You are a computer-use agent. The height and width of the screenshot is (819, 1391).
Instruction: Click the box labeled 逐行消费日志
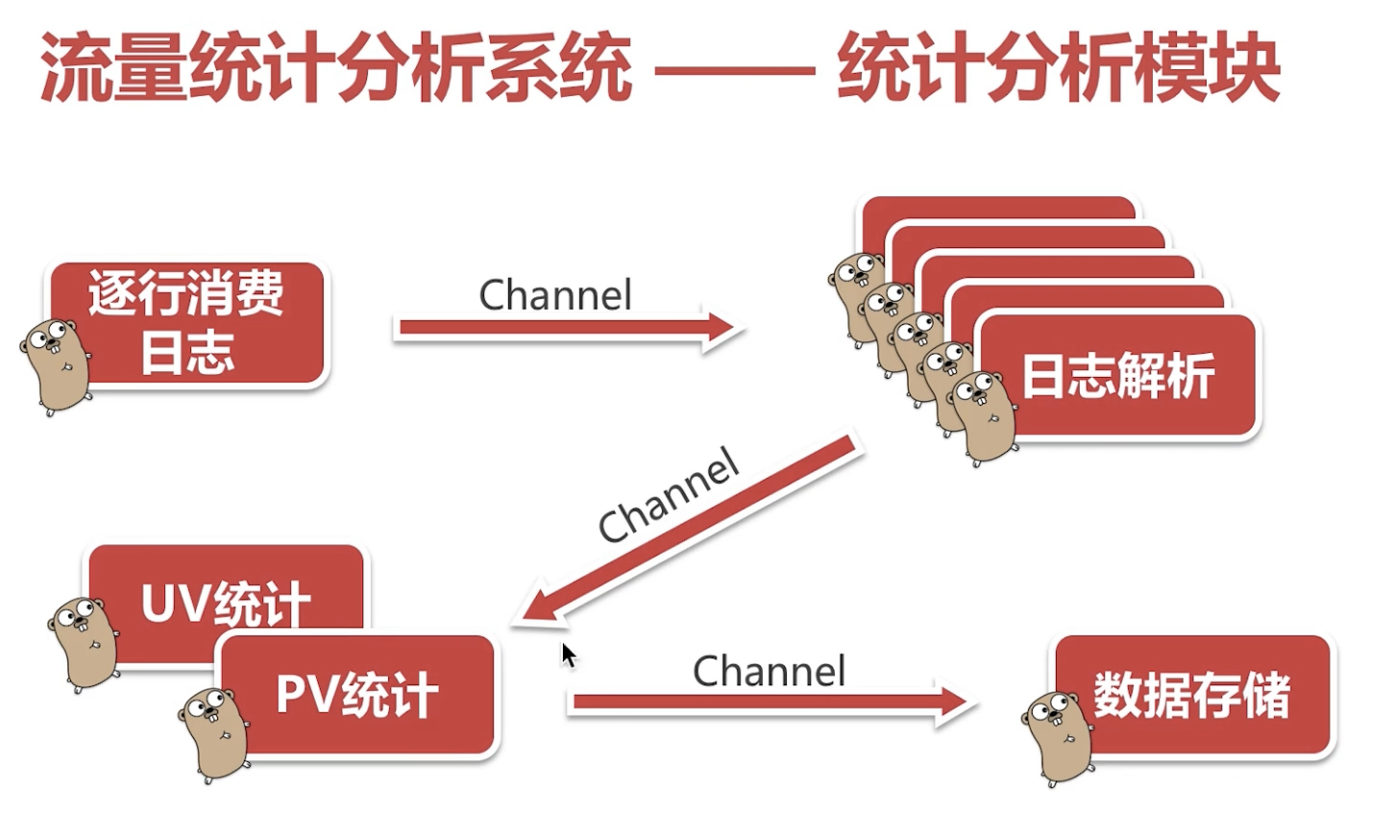tap(187, 323)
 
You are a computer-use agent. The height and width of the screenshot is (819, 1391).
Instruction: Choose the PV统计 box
tap(357, 694)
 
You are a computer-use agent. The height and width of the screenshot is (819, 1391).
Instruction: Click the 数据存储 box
tap(1192, 694)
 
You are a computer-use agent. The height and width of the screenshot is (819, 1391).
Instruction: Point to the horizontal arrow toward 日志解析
tap(567, 330)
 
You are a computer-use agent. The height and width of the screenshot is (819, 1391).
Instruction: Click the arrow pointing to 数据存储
tap(769, 704)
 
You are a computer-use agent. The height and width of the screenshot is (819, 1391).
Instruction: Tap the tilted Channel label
tap(668, 496)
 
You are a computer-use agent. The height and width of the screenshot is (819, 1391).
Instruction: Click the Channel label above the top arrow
tap(555, 295)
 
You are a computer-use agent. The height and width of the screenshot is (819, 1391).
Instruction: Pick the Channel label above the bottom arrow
tap(769, 671)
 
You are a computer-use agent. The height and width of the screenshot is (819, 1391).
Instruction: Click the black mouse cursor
tap(568, 656)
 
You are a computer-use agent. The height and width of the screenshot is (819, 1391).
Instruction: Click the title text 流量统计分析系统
tap(336, 69)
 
